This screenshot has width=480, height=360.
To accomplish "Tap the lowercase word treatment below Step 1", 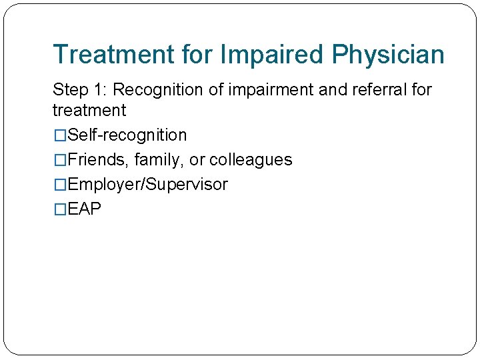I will (89, 110).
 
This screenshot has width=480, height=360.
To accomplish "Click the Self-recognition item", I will (127, 135).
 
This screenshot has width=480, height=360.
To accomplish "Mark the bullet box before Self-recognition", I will (60, 135).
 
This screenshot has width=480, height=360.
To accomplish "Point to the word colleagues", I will (251, 160).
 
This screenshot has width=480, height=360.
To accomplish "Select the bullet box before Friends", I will (60, 160).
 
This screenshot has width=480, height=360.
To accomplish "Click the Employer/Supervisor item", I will (147, 185).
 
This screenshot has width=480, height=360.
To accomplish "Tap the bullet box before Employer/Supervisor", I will (60, 185).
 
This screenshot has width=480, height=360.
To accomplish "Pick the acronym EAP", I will (85, 209).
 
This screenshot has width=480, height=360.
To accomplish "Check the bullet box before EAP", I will (60, 209).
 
